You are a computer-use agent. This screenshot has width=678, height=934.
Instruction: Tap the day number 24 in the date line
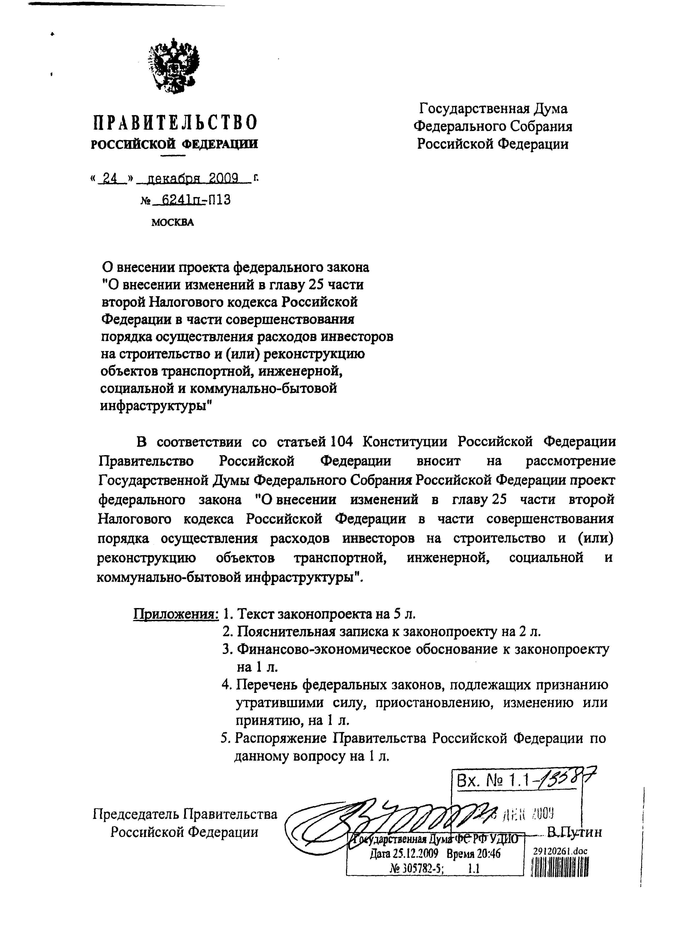(110, 178)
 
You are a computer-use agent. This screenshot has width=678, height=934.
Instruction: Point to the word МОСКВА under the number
(173, 222)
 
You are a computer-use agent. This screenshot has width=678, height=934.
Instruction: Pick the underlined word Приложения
(175, 614)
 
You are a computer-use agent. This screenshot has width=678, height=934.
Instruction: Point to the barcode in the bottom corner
(560, 866)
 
